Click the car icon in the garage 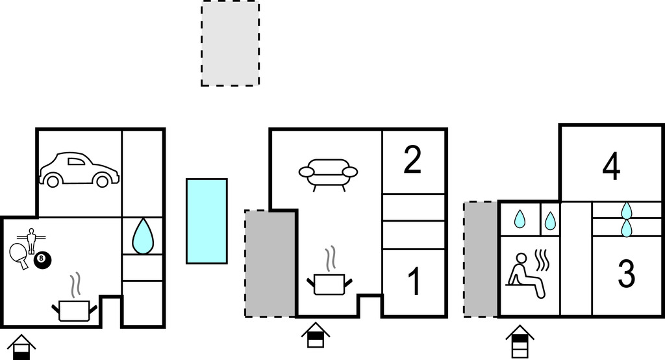pyautogui.click(x=79, y=170)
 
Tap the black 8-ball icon pyautogui.click(x=43, y=259)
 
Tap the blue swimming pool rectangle pyautogui.click(x=207, y=221)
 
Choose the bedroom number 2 pyautogui.click(x=412, y=161)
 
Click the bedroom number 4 pyautogui.click(x=611, y=167)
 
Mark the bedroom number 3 pyautogui.click(x=626, y=274)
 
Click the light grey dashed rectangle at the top pyautogui.click(x=230, y=44)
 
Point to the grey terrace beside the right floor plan pyautogui.click(x=480, y=259)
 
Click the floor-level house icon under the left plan pyautogui.click(x=21, y=346)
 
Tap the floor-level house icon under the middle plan pyautogui.click(x=316, y=335)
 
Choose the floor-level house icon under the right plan pyautogui.click(x=520, y=342)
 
